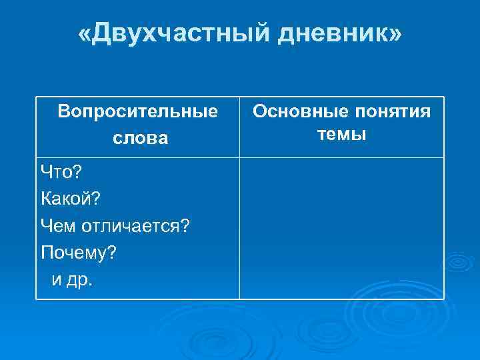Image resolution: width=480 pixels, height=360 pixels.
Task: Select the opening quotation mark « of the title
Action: tap(85, 34)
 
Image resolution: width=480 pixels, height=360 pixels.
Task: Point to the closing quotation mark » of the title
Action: tap(395, 34)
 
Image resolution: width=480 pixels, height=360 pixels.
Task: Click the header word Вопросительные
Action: tap(137, 110)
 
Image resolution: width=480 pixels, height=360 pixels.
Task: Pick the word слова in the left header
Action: tap(137, 138)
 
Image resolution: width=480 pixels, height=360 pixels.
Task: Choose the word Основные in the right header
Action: tap(293, 110)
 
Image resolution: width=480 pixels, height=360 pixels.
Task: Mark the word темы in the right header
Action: tap(341, 133)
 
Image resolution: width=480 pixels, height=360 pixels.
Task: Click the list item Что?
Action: tap(61, 173)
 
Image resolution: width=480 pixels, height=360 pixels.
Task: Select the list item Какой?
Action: tap(69, 199)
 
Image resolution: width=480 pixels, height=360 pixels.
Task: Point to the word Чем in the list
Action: tap(58, 227)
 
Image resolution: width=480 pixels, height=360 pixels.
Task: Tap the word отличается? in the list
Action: tap(135, 227)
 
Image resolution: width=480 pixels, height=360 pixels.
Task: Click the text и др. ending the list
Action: tap(73, 280)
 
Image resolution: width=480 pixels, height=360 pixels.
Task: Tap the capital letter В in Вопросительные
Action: tap(63, 110)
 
